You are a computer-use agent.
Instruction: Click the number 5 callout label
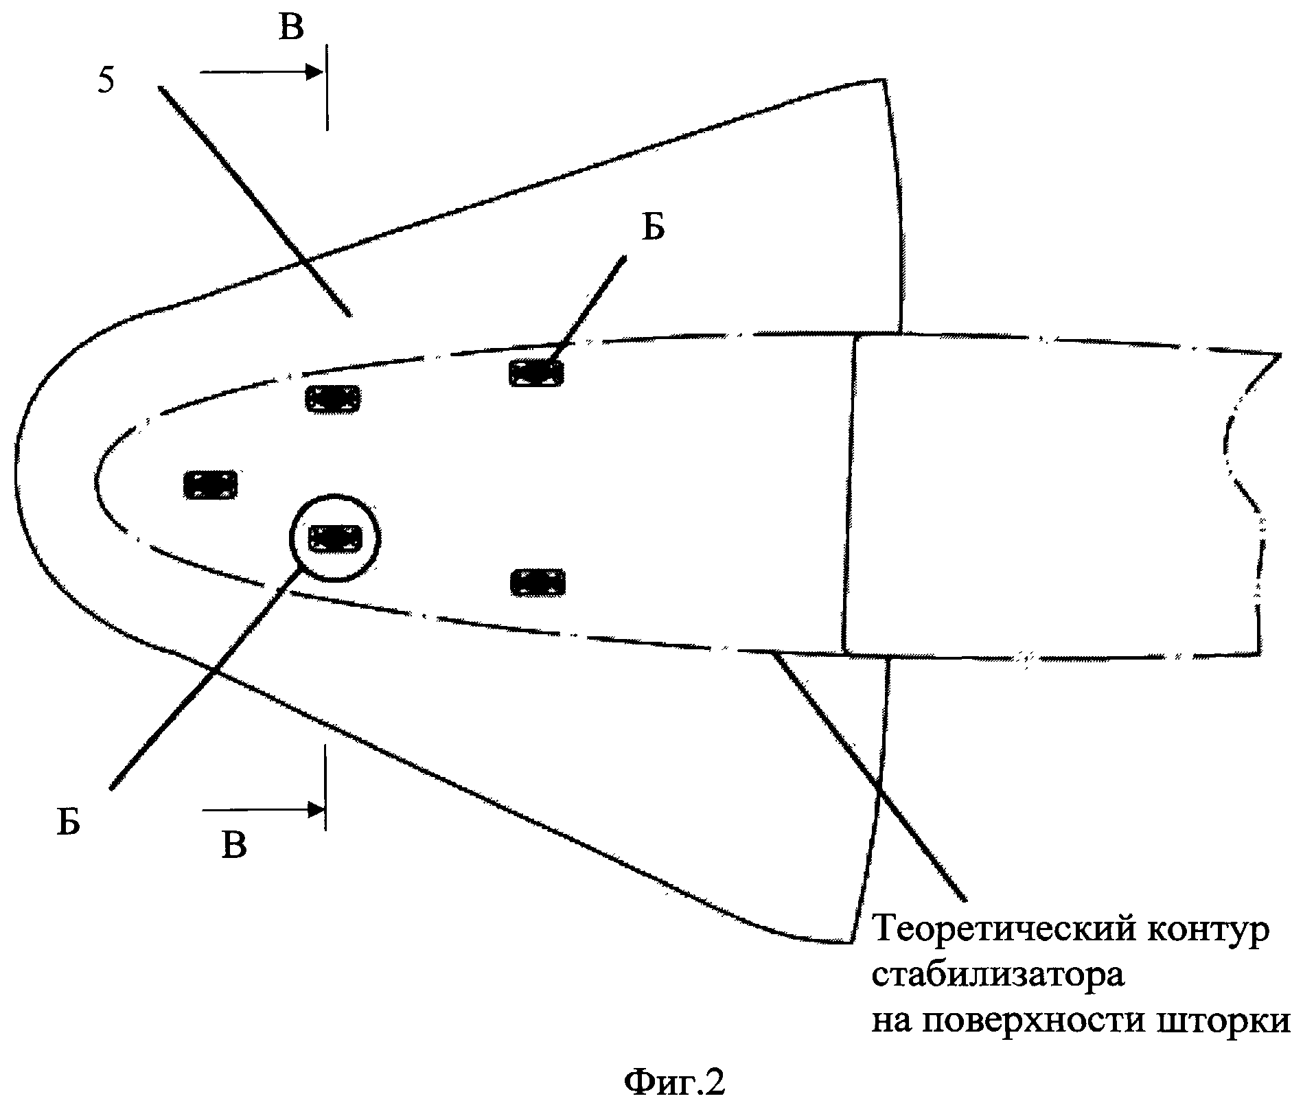106,81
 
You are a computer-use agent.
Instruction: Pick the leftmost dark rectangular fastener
211,485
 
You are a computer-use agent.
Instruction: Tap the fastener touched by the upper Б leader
536,373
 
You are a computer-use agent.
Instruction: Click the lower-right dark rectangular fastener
538,583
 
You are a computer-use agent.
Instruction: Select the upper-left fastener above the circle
333,399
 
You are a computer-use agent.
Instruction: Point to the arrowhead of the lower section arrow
316,810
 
